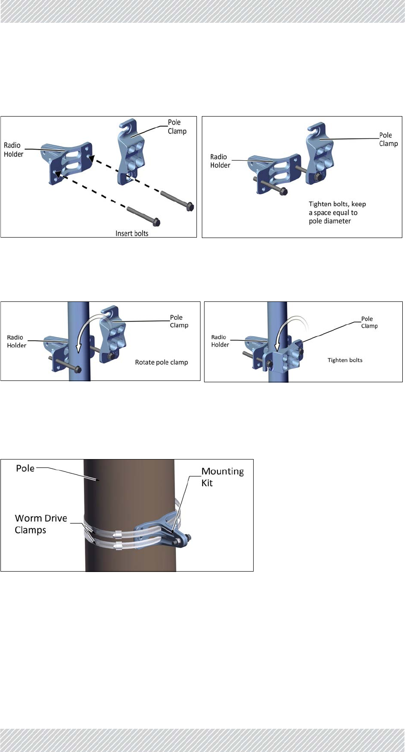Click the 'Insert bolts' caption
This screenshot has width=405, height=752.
point(132,233)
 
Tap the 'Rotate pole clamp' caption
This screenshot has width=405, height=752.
point(161,362)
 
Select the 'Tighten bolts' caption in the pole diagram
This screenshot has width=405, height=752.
point(345,360)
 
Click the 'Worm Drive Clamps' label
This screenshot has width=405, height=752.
point(41,524)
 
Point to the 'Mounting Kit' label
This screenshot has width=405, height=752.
point(222,477)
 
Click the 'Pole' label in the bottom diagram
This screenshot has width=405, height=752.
point(25,468)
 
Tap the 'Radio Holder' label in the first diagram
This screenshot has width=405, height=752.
point(13,150)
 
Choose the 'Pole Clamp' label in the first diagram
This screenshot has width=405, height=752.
point(177,126)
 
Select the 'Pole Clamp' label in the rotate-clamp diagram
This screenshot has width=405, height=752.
point(179,321)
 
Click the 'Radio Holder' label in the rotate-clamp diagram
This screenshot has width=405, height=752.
point(17,341)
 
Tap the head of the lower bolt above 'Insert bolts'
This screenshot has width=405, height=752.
point(156,221)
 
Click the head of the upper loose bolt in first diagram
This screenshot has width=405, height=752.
point(189,207)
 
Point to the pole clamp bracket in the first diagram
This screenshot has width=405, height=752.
point(132,154)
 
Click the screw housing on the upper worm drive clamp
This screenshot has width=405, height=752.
point(117,533)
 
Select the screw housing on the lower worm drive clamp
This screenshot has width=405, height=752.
point(117,545)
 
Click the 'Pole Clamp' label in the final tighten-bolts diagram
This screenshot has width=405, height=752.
point(369,322)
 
